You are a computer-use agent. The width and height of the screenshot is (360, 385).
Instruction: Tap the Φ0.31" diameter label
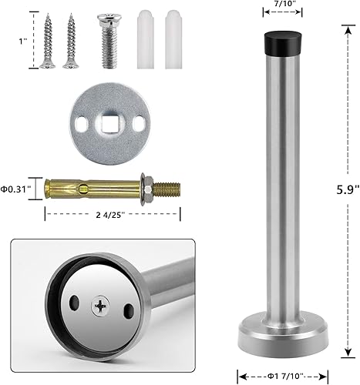click(15, 188)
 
